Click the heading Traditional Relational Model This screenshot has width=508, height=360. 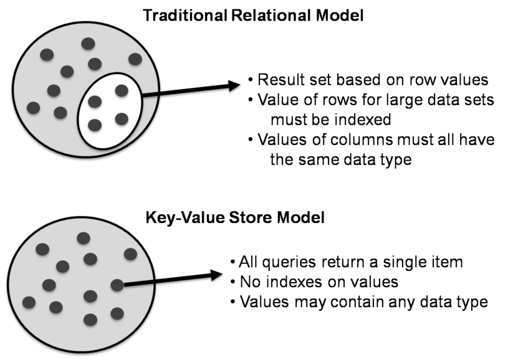point(253,15)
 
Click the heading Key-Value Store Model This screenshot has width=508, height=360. point(235,217)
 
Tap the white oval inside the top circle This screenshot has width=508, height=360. point(110,111)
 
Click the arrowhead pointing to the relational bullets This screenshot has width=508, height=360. point(234,86)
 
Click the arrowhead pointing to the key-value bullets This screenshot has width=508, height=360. point(216,275)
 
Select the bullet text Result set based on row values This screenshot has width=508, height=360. point(373,80)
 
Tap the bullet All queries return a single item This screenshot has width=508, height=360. point(351,262)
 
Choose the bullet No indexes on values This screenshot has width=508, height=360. point(319,282)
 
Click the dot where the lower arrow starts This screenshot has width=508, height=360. point(117,285)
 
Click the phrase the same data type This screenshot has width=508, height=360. point(341,159)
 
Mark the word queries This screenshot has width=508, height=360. point(289,262)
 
